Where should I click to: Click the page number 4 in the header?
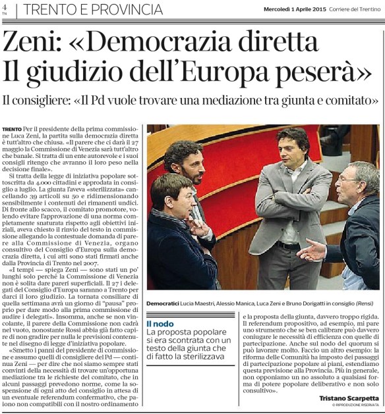coord(5,7)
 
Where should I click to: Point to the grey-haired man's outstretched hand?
coord(310,249)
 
